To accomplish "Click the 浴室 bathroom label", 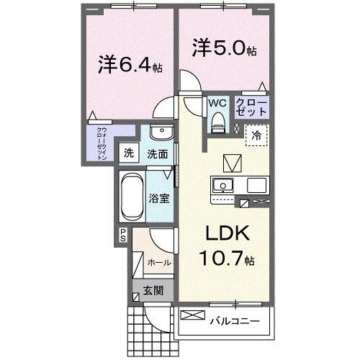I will [160, 198].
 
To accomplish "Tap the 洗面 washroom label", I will [157, 153].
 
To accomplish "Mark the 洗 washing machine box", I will [130, 153].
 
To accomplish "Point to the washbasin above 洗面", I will [163, 134].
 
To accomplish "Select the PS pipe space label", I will [123, 234].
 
